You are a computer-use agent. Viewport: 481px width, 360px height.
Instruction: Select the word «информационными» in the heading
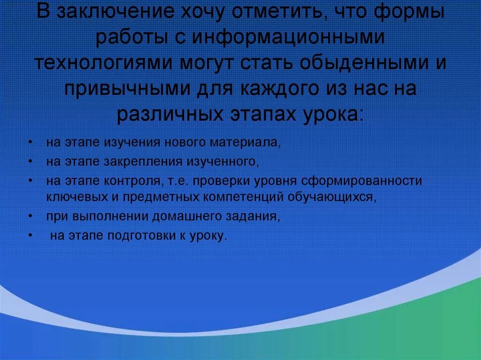tap(295, 38)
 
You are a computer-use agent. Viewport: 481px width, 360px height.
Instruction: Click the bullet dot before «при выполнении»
tap(31, 216)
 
